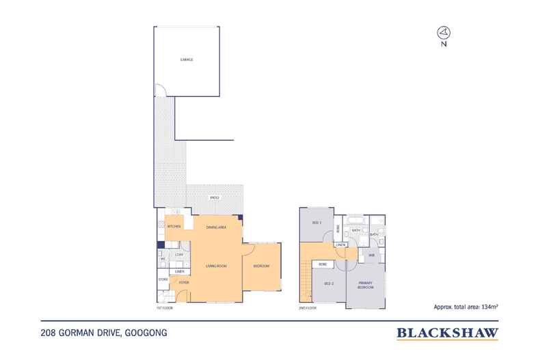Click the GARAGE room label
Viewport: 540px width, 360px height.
187,60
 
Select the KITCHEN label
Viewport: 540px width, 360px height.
174,226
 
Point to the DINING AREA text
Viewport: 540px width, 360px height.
217,226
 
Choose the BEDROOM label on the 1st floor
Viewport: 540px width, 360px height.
262,266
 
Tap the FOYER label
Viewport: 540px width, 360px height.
184,282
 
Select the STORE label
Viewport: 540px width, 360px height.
163,279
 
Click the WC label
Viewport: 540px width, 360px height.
163,259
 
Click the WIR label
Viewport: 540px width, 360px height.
371,255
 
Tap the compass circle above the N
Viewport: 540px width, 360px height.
444,31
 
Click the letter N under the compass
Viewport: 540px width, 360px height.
444,45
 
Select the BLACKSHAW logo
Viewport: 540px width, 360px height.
448,333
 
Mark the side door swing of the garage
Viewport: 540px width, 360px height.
159,90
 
